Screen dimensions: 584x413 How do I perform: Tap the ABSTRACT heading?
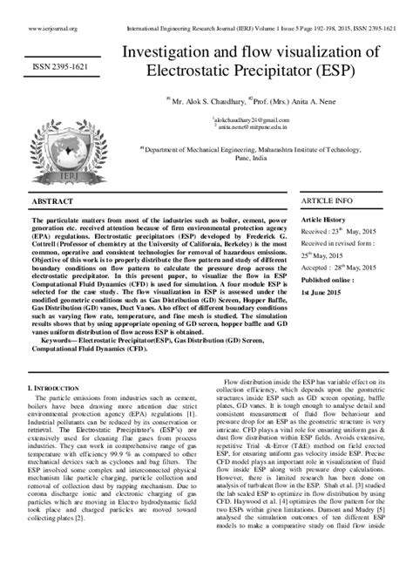tap(53, 201)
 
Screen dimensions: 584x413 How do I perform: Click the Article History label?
tap(323, 221)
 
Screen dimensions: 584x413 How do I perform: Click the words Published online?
tap(327, 281)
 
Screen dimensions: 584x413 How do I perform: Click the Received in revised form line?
tap(335, 245)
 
